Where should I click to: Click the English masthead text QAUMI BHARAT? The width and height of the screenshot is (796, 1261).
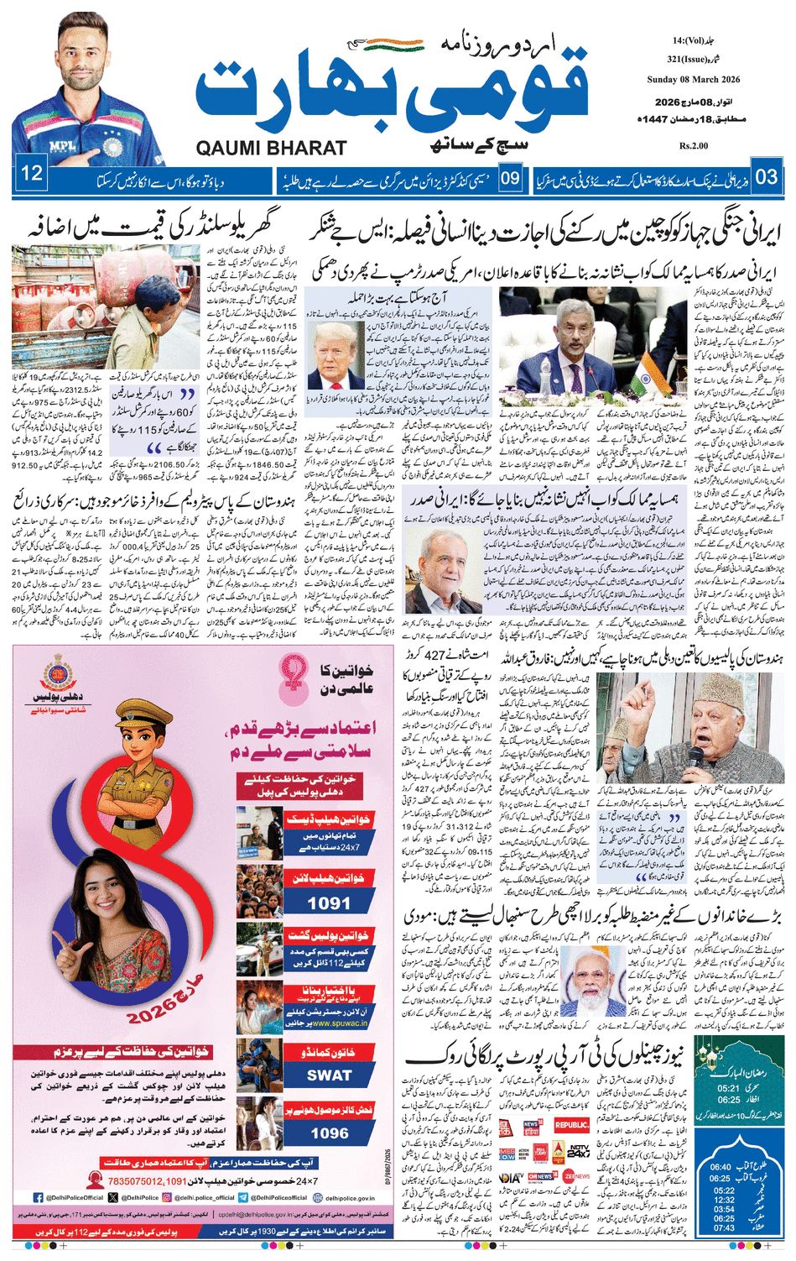(x=271, y=149)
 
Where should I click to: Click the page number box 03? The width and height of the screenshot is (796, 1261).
(x=766, y=177)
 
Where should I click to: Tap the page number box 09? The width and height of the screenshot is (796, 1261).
(x=511, y=178)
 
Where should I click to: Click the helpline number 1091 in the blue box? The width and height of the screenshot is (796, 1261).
(x=329, y=903)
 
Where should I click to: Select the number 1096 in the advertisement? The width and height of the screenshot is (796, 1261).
(x=329, y=1133)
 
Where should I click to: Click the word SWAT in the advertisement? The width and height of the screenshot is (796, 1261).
(x=329, y=1075)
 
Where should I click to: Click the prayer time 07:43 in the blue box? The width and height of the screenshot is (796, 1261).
(x=723, y=1228)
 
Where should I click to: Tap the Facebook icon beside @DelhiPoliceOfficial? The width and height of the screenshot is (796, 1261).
(x=39, y=1197)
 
